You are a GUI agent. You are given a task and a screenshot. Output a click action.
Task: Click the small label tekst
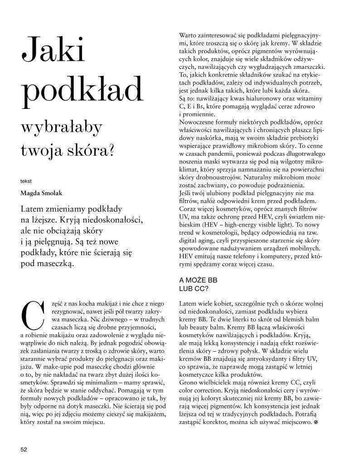pos(25,181)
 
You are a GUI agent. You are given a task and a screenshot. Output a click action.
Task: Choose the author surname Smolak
pos(52,192)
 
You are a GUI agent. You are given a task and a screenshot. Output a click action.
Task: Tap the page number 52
pos(24,449)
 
